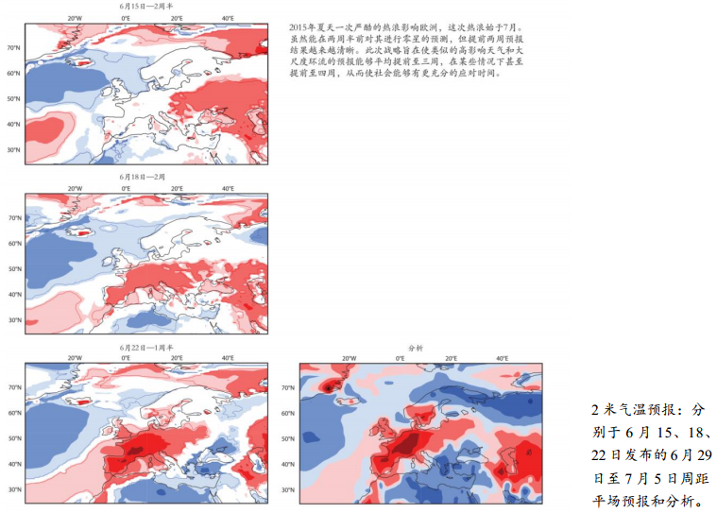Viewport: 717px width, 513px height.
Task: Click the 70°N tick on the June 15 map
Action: pyautogui.click(x=14, y=47)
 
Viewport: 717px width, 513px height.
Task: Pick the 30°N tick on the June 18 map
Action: pyautogui.click(x=14, y=319)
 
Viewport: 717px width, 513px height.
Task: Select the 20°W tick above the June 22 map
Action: pyautogui.click(x=76, y=359)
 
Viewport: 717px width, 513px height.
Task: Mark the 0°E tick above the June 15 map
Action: pyautogui.click(x=127, y=17)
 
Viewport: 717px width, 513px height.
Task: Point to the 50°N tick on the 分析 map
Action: pyautogui.click(x=288, y=438)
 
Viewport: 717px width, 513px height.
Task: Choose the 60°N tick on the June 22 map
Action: pyautogui.click(x=14, y=413)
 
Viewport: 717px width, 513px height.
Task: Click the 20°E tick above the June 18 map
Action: pyautogui.click(x=178, y=188)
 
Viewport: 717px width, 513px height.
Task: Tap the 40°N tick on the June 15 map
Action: pyautogui.click(x=14, y=124)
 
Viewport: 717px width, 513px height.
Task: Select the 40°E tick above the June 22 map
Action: pyautogui.click(x=229, y=359)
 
